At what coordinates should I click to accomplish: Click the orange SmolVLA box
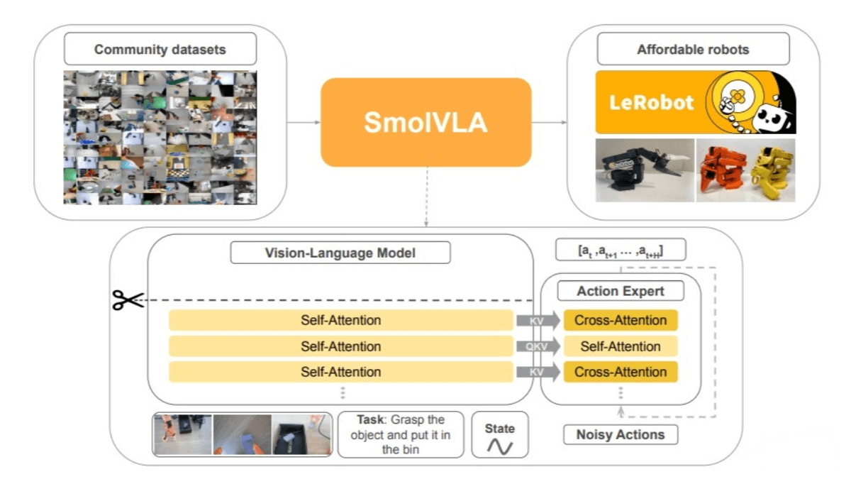click(x=425, y=122)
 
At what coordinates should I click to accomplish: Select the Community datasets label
click(x=160, y=50)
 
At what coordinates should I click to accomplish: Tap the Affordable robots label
click(x=692, y=50)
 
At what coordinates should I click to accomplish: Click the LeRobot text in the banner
click(x=651, y=102)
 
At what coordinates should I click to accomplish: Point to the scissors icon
click(x=128, y=300)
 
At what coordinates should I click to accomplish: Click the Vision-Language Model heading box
click(x=340, y=253)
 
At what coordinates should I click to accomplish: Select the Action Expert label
click(x=621, y=291)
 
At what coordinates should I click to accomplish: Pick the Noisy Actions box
click(x=621, y=434)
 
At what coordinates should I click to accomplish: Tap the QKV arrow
click(x=538, y=346)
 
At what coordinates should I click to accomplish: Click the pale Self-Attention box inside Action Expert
click(x=621, y=346)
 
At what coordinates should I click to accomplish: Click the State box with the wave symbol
click(x=499, y=434)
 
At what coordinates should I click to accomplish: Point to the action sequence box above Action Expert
click(x=621, y=250)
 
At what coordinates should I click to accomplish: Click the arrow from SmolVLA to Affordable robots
click(x=550, y=122)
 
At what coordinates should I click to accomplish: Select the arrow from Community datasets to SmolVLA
click(x=304, y=122)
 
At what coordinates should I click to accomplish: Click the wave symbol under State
click(x=499, y=446)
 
